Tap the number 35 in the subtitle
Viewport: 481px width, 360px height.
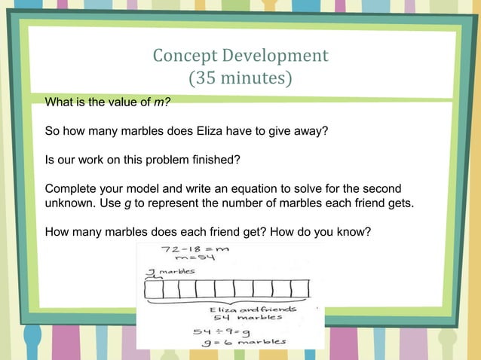tap(204, 78)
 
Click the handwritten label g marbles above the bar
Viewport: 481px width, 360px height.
tap(171, 271)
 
